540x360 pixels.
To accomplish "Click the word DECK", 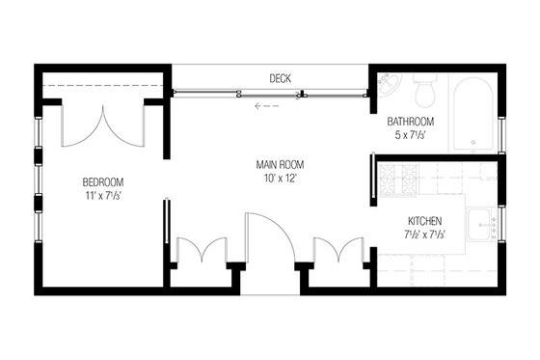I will click(281, 77).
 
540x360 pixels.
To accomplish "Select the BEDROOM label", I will click(102, 181).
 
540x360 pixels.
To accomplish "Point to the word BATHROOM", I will click(411, 122).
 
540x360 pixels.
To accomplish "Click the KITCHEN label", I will click(424, 220).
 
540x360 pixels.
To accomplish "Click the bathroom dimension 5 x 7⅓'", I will click(411, 135).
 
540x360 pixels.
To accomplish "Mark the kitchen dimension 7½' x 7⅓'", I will click(424, 234).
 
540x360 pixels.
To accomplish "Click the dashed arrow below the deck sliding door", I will click(265, 106).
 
